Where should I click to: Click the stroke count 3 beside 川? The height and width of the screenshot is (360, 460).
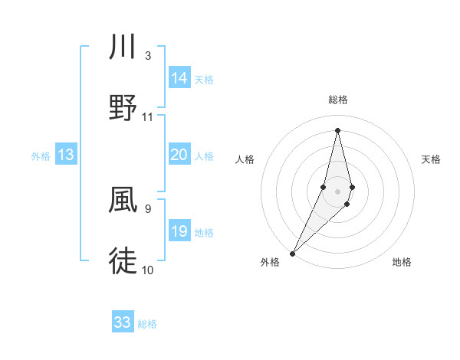148,55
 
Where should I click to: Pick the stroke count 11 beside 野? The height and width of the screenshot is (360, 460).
148,117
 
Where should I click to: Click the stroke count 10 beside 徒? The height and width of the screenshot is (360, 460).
148,270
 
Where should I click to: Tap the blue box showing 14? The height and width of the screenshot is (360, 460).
179,78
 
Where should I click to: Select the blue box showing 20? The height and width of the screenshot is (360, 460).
179,155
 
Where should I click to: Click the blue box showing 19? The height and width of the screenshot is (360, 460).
179,231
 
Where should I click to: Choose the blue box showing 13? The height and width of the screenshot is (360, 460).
66,155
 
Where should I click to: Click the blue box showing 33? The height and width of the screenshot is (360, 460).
123,322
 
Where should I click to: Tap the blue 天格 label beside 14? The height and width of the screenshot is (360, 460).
204,79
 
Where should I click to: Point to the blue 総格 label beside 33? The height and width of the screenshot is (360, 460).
147,324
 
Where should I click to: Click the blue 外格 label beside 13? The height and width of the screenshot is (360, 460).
41,156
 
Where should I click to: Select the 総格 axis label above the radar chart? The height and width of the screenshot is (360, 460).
337,100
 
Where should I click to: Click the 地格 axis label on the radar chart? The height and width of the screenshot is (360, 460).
402,262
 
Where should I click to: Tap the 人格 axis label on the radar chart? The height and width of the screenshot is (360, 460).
245,159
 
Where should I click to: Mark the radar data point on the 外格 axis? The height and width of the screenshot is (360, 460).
292,253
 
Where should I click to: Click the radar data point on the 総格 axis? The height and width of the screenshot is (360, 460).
337,130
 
